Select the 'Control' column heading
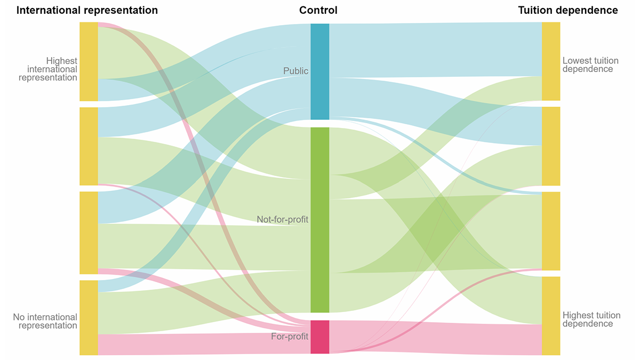[x=318, y=10]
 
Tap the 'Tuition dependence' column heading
[x=568, y=10]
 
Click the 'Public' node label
[x=295, y=71]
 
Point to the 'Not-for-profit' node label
[x=282, y=219]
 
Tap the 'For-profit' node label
[x=290, y=337]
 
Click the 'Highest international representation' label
[x=48, y=69]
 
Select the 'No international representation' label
[x=45, y=322]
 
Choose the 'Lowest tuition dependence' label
[x=588, y=65]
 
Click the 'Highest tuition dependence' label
[x=588, y=319]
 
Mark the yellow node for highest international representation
[x=89, y=61]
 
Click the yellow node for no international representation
[x=89, y=317]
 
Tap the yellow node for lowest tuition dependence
[x=551, y=61]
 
